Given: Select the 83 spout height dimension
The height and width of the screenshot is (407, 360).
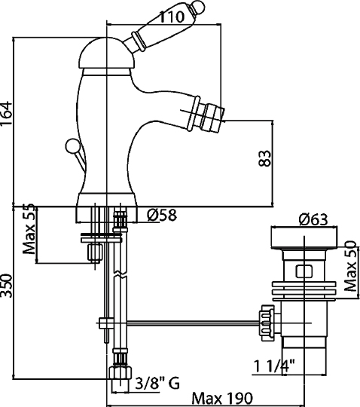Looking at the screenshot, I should [264, 158].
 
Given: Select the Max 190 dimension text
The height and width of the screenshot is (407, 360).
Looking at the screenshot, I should [221, 399].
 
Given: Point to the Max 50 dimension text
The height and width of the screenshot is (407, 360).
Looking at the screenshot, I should [350, 268].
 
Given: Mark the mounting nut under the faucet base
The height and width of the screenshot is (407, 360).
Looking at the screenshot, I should [95, 251].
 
